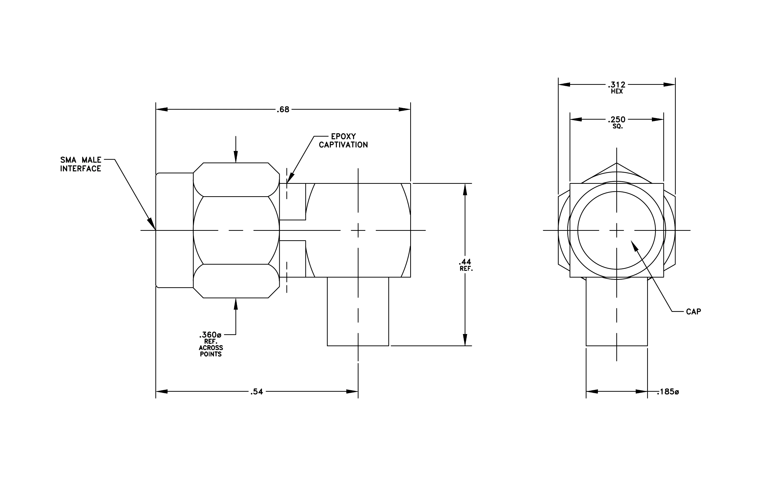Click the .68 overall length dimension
tap(283, 110)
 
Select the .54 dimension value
tap(257, 392)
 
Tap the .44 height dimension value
tap(465, 262)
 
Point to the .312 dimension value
tap(617, 85)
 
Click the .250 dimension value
tap(617, 119)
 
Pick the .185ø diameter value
tap(668, 392)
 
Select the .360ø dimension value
tap(210, 335)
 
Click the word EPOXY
tap(344, 137)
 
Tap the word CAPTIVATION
tap(344, 145)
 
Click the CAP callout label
tap(693, 312)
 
